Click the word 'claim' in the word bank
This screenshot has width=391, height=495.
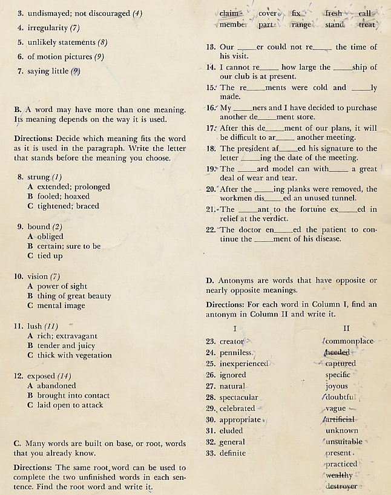pyautogui.click(x=229, y=13)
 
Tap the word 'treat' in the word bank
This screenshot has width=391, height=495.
pyautogui.click(x=367, y=25)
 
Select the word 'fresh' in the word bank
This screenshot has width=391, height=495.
pyautogui.click(x=333, y=13)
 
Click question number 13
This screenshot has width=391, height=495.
pyautogui.click(x=211, y=47)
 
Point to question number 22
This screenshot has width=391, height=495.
pyautogui.click(x=211, y=229)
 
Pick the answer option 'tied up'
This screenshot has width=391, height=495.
pyautogui.click(x=50, y=256)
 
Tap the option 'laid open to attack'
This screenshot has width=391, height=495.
pyautogui.click(x=70, y=405)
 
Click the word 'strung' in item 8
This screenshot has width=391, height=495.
pyautogui.click(x=39, y=177)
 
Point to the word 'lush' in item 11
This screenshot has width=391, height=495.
pyautogui.click(x=34, y=326)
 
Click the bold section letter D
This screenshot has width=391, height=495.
pyautogui.click(x=209, y=281)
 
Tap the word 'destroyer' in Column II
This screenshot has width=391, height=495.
pyautogui.click(x=341, y=486)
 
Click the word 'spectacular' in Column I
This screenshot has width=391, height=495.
pyautogui.click(x=238, y=398)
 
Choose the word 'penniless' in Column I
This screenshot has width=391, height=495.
pyautogui.click(x=235, y=352)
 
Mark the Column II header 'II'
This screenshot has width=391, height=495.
pyautogui.click(x=346, y=328)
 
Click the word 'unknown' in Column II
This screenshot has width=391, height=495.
pyautogui.click(x=341, y=431)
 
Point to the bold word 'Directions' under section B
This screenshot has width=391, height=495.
pyautogui.click(x=33, y=139)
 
